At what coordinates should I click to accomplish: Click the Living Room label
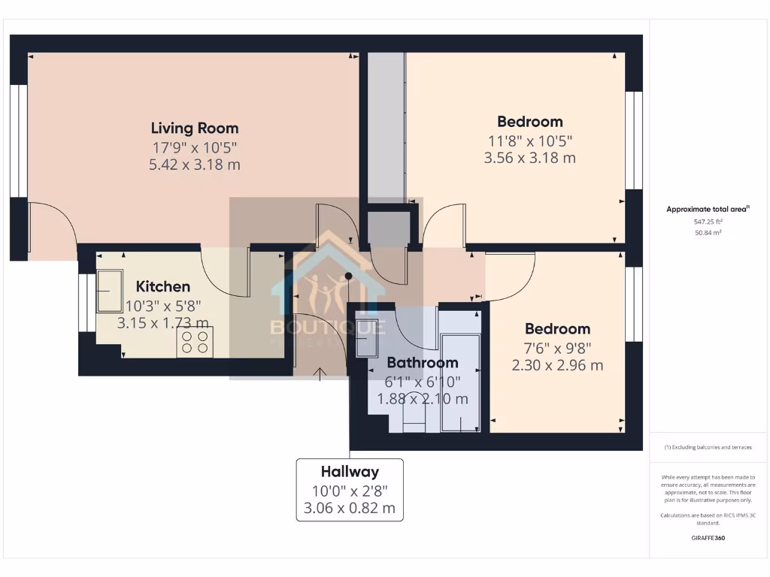coord(195,128)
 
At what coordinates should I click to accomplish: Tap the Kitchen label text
coord(162,286)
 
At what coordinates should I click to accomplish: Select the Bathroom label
coord(423,363)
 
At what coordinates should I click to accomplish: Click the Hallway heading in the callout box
coord(350,472)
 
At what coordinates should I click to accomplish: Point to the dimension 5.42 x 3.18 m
coord(195,165)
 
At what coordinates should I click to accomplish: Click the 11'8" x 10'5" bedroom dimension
coord(529,140)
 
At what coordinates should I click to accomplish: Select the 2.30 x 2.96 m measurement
coord(557,365)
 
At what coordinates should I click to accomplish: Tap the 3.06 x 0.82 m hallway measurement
coord(350,508)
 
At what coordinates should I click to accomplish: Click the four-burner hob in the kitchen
coord(195,343)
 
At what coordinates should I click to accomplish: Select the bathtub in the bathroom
coord(459,383)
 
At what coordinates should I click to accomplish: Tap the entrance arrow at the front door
coord(321,373)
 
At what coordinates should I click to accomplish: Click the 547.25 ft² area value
coord(707,222)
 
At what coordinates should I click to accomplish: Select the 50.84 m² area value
coord(707,233)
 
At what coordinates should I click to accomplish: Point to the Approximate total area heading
coord(707,210)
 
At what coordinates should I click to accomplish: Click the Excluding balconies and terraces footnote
coord(707,447)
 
